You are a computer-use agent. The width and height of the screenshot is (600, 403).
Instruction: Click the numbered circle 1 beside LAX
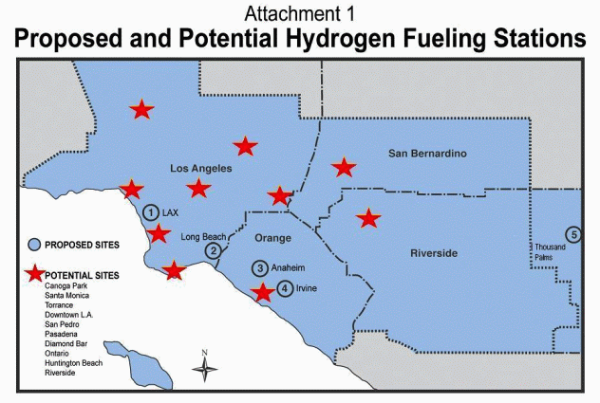click(151, 212)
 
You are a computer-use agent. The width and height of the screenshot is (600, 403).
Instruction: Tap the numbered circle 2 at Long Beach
click(215, 251)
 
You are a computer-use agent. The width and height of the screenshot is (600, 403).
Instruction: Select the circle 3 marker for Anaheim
click(260, 268)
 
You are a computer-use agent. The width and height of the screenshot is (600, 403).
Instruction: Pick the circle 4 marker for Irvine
click(286, 287)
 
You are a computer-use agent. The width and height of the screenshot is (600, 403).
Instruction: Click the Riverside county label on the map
click(434, 253)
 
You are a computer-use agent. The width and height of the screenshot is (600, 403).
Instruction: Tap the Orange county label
click(273, 238)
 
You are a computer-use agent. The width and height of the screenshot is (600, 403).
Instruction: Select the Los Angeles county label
click(201, 169)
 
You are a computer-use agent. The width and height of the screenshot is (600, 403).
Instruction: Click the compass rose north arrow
click(205, 366)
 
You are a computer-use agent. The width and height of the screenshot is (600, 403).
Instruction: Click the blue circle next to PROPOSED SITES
click(34, 244)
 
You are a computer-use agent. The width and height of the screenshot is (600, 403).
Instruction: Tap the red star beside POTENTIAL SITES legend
click(34, 274)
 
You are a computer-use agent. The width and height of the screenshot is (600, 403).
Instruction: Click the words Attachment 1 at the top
click(299, 13)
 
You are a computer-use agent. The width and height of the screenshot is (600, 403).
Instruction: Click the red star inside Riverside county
click(368, 218)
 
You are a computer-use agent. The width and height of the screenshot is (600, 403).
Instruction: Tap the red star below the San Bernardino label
click(344, 168)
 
